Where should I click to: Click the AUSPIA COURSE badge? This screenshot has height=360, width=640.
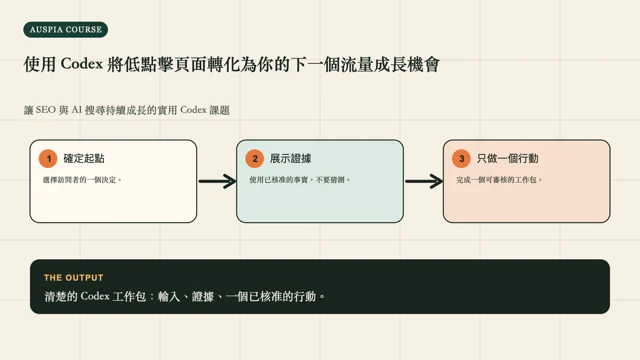click(x=66, y=29)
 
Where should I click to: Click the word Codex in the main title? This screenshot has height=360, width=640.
click(x=82, y=64)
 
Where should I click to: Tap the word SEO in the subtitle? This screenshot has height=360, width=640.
click(x=45, y=110)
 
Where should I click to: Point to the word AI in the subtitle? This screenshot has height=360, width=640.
click(x=77, y=110)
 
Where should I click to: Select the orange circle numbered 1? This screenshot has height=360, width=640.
click(x=48, y=158)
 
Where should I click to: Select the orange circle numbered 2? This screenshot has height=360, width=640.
click(x=255, y=158)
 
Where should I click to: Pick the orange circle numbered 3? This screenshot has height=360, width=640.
click(x=462, y=158)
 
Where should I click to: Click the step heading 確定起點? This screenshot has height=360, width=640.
click(x=84, y=158)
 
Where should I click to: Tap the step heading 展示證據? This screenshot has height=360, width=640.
click(x=291, y=158)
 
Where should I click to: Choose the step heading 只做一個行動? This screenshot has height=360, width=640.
click(x=507, y=158)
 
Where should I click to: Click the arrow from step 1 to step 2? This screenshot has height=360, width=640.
click(x=218, y=181)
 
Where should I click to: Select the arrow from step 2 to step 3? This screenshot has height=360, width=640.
click(x=424, y=181)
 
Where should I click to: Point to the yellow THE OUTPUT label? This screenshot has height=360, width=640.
click(x=73, y=278)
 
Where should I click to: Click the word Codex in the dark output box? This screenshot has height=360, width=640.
click(x=95, y=296)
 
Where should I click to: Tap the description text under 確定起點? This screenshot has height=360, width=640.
click(x=82, y=180)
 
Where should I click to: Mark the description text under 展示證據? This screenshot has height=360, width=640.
click(x=300, y=180)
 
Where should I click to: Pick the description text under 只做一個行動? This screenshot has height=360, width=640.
click(x=499, y=180)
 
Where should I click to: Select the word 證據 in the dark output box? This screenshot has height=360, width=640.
click(x=203, y=296)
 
